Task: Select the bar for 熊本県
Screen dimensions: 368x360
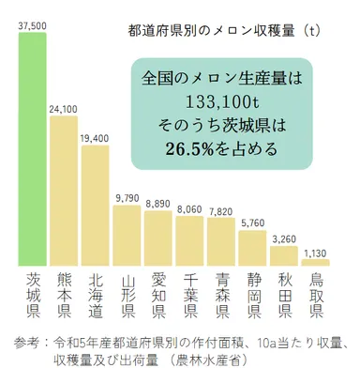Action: (x=63, y=192)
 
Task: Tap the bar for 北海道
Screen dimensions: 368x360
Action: (x=95, y=207)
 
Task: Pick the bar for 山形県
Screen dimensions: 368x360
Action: (x=127, y=236)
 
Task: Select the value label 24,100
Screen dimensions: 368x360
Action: (x=63, y=109)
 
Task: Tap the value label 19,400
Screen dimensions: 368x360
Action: (x=95, y=138)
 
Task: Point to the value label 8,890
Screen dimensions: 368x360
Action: (x=158, y=202)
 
